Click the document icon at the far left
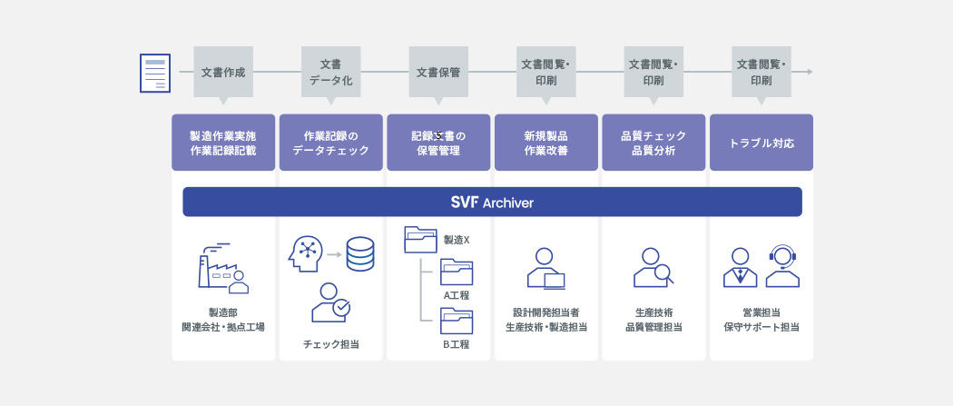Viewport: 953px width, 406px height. click(155, 73)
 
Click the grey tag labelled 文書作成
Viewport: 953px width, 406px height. click(223, 71)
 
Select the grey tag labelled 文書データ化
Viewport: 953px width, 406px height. click(331, 72)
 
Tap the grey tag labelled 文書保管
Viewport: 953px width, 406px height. click(438, 71)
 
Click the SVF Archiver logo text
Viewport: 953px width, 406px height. click(492, 202)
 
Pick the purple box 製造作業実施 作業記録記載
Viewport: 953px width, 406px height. click(223, 143)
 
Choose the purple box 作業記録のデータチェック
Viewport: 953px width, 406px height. click(331, 143)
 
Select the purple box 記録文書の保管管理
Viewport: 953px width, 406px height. click(438, 143)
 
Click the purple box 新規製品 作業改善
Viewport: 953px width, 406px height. click(546, 143)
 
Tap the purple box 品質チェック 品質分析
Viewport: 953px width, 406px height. click(653, 143)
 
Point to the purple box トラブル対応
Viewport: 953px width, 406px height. click(761, 143)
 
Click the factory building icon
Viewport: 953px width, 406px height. click(222, 269)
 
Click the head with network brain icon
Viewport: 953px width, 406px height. click(306, 253)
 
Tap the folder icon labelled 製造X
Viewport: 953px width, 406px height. click(420, 239)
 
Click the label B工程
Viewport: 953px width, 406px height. click(456, 344)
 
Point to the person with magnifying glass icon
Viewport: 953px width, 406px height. click(653, 267)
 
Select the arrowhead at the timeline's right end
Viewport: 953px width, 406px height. click(809, 71)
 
